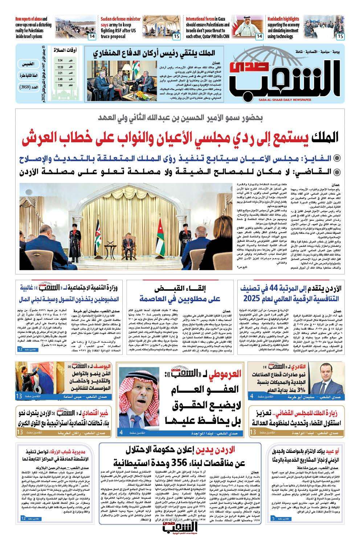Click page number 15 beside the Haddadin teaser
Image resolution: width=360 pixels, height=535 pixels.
340,36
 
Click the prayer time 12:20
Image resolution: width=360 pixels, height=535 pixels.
61,67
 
